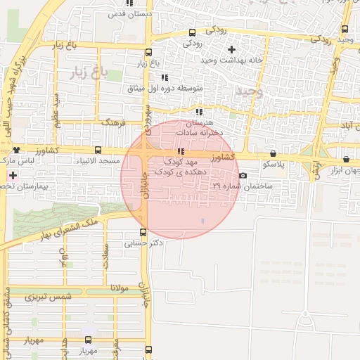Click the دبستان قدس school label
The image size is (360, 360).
126,13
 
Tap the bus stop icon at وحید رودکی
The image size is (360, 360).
345,29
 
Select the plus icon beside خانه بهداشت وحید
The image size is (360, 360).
232,49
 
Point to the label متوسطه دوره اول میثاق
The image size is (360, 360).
165,89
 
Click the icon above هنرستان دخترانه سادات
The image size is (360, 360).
200,112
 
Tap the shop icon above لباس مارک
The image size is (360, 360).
17,150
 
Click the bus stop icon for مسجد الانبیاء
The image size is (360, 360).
98,150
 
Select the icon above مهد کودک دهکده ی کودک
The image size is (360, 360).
181,151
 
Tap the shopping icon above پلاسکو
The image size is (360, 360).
273,153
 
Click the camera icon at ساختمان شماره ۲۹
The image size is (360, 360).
243,176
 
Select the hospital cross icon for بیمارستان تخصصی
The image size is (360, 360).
13,174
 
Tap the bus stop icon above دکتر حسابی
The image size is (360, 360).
143,232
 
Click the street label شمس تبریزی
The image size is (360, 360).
49,297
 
